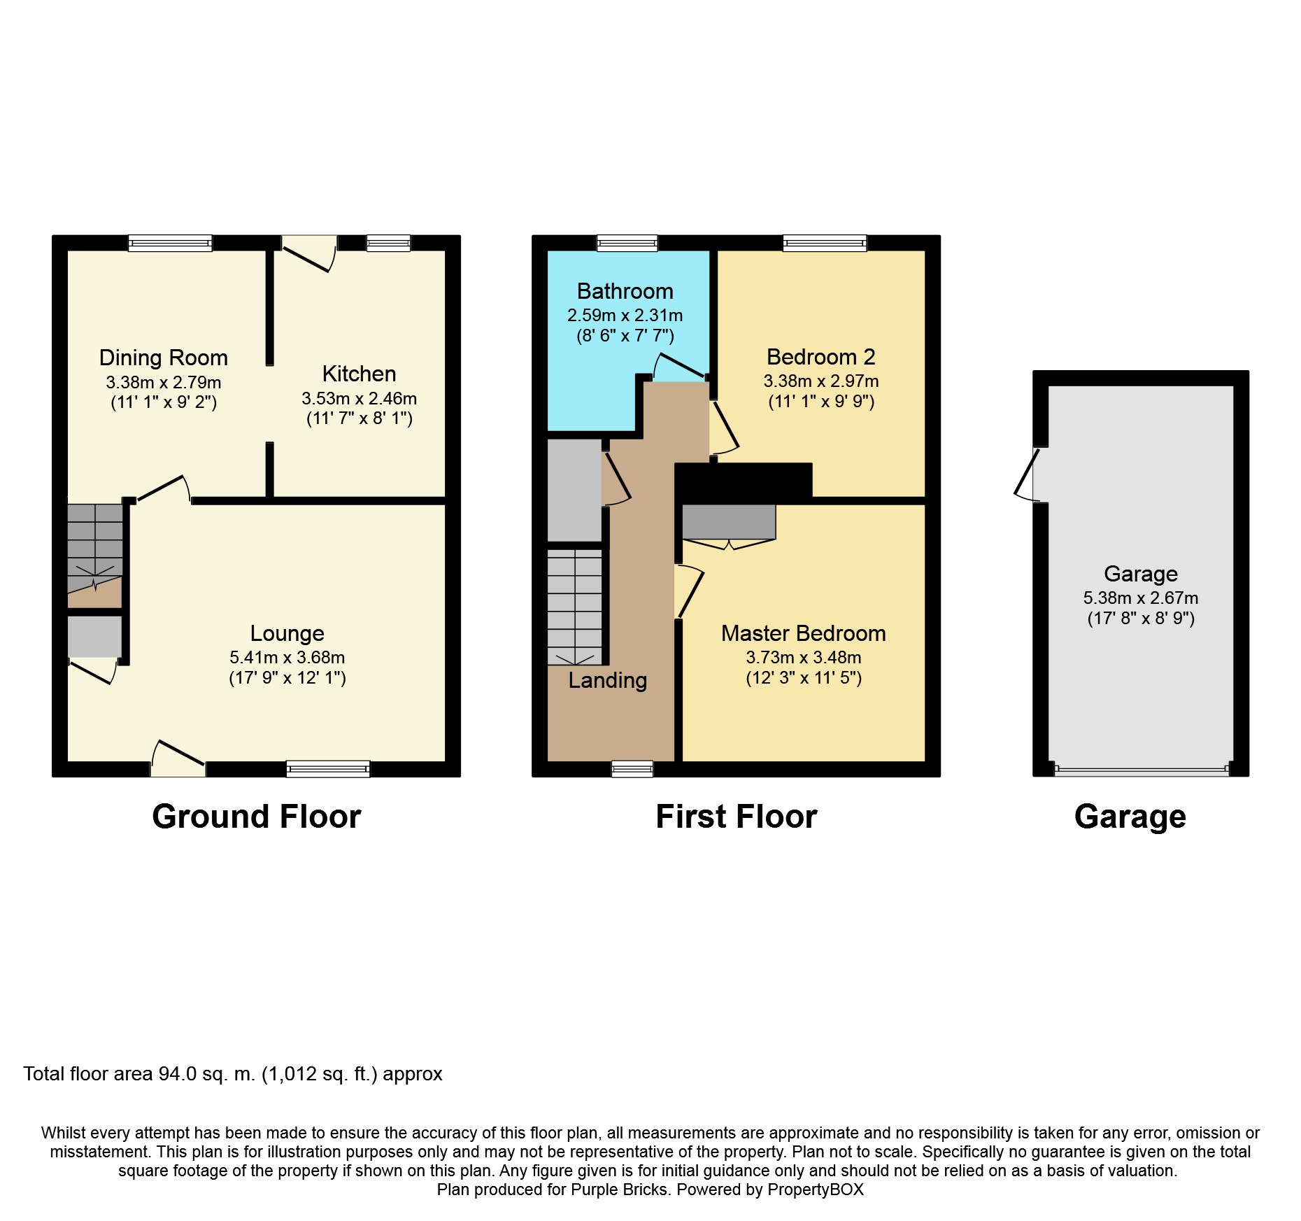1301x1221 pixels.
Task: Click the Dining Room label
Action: (x=164, y=358)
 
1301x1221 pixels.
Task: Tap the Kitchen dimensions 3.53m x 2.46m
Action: (x=360, y=398)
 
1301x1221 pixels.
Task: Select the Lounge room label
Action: (x=287, y=633)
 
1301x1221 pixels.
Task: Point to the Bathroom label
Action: (x=625, y=291)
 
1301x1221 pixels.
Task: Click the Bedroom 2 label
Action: (x=821, y=357)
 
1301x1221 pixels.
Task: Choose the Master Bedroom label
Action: (x=804, y=633)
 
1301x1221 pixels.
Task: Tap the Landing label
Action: (x=608, y=680)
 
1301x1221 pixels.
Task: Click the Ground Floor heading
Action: (x=257, y=817)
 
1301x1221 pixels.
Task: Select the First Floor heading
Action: (x=737, y=817)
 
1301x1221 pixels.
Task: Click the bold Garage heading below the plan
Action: (x=1130, y=817)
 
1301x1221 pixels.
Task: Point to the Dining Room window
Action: (x=170, y=243)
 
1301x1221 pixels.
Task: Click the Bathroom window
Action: (x=627, y=243)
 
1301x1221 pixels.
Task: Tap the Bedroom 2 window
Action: (x=825, y=243)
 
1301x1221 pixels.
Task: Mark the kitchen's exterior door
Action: (x=308, y=253)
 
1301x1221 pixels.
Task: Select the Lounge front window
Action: (x=328, y=769)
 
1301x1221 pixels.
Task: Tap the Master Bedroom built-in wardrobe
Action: (x=729, y=523)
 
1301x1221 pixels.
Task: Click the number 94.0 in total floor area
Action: (x=178, y=1074)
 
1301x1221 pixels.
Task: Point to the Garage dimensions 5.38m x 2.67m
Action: (x=1141, y=598)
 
